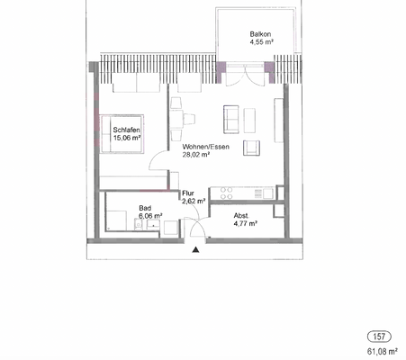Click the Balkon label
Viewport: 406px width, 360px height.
(259, 34)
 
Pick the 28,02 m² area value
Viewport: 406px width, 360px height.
(195, 155)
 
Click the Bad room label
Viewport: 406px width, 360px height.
(144, 208)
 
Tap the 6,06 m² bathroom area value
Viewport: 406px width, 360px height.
(149, 217)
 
